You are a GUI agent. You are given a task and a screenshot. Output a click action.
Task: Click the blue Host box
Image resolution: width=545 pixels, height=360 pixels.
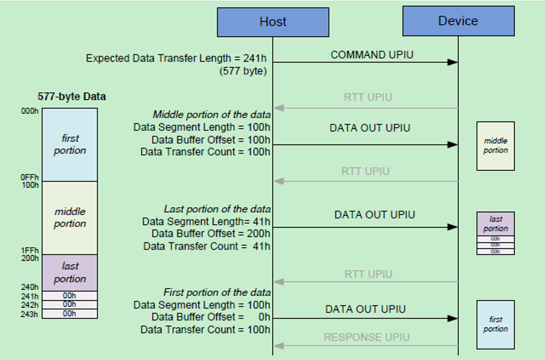pyautogui.click(x=273, y=22)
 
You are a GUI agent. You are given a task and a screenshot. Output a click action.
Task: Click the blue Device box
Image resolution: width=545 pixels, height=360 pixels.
pyautogui.click(x=458, y=21)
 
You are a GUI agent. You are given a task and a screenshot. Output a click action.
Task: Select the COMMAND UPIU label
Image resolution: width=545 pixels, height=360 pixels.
pyautogui.click(x=372, y=55)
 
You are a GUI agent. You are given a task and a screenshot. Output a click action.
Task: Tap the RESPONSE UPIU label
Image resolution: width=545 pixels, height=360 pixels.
pyautogui.click(x=367, y=337)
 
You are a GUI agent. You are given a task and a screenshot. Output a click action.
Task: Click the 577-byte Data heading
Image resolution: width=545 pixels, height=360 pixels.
pyautogui.click(x=71, y=96)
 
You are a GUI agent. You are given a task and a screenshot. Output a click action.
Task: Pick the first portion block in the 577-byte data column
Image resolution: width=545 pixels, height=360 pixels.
pyautogui.click(x=70, y=145)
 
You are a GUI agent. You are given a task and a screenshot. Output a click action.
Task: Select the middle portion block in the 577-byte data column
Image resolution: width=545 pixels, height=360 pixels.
pyautogui.click(x=70, y=218)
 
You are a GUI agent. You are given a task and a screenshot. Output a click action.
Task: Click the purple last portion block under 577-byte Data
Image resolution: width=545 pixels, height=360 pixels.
pyautogui.click(x=70, y=273)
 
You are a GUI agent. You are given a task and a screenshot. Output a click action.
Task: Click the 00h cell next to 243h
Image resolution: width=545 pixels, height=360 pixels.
pyautogui.click(x=69, y=314)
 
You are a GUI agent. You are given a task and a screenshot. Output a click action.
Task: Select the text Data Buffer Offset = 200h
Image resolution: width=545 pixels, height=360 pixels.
pyautogui.click(x=211, y=234)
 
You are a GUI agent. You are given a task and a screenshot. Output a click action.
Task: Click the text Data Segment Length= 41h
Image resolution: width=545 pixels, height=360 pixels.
pyautogui.click(x=206, y=221)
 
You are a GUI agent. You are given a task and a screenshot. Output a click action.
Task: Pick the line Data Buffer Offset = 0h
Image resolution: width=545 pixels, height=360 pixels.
pyautogui.click(x=211, y=317)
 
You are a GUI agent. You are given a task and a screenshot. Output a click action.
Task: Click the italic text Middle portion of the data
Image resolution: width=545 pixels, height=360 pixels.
pyautogui.click(x=211, y=114)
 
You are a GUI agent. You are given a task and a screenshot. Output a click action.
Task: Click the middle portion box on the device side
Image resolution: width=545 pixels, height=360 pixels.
pyautogui.click(x=496, y=146)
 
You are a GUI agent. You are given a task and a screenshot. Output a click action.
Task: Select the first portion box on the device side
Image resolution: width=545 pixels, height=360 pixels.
pyautogui.click(x=496, y=324)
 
